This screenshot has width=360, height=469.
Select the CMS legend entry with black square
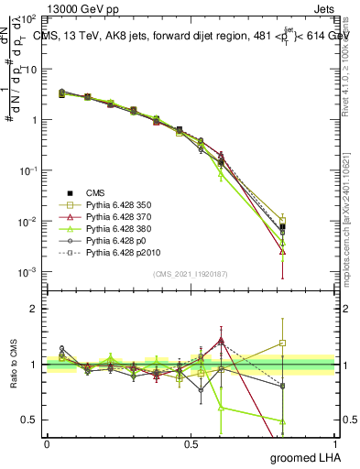96,193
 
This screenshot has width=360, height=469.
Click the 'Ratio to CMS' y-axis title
12,365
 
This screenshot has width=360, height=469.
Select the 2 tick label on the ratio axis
34,309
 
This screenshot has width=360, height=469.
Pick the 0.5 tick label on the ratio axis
30,420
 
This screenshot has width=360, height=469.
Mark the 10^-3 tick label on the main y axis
29,272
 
